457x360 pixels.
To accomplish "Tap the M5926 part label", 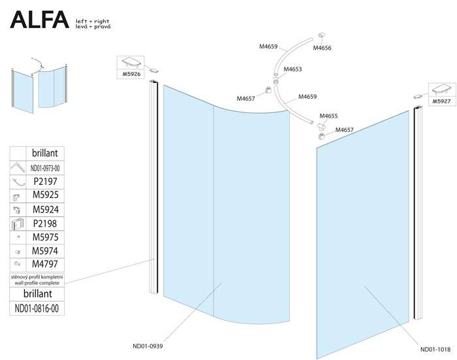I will coord(132,74).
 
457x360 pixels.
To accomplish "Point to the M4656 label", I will coord(323,48).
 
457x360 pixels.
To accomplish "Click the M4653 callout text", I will coord(292,69).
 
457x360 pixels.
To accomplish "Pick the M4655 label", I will coord(328,116).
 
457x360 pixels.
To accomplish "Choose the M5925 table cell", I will coord(45,195).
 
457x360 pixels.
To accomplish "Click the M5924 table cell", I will coord(45,209).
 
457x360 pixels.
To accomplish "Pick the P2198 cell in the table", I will coord(45,223).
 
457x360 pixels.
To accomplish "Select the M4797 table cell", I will coord(45,264).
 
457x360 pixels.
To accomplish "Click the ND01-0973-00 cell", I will coord(46,167).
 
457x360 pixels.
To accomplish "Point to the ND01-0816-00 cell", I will coord(40,308).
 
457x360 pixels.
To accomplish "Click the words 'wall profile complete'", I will coord(40,282).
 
